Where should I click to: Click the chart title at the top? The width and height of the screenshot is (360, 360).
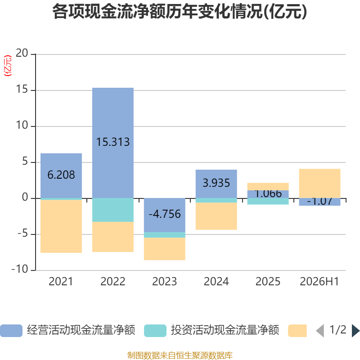[x=180, y=12]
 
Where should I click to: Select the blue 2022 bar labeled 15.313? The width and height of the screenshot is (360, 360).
[x=113, y=143]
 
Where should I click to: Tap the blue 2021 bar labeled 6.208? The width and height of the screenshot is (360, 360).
[x=61, y=175]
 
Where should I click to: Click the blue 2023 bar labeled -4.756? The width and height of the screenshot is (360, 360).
[x=165, y=215]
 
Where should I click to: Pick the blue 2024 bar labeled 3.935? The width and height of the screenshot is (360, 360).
[x=216, y=184]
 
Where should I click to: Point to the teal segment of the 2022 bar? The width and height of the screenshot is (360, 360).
[x=113, y=210]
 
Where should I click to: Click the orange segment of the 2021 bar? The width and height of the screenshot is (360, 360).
[x=61, y=226]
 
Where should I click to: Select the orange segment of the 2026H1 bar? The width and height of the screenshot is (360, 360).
[x=319, y=183]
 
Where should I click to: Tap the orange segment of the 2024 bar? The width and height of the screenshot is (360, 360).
[x=216, y=216]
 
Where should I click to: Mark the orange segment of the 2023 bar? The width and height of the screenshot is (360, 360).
[x=165, y=249]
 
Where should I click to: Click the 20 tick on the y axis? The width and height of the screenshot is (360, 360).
[x=22, y=53]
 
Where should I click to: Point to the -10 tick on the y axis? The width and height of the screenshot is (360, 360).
[x=20, y=269]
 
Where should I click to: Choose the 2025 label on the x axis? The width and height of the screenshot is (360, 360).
[x=268, y=282]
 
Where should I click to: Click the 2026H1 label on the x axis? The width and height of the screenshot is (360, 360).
[x=319, y=282]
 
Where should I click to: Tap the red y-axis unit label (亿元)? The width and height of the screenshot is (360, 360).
[x=8, y=66]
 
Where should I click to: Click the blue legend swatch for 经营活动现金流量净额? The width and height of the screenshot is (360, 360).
[x=11, y=331]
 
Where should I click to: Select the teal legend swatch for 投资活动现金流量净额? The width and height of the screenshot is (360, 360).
[x=155, y=331]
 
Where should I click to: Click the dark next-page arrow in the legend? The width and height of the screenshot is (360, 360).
[x=355, y=331]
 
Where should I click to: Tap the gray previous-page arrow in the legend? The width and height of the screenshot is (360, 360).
[x=320, y=331]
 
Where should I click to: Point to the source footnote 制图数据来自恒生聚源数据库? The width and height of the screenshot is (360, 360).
[x=180, y=355]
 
